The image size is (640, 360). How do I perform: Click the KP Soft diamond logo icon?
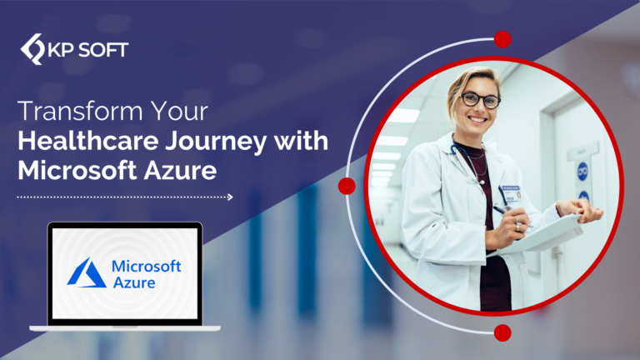[32, 49]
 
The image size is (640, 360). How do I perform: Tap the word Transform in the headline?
[80, 111]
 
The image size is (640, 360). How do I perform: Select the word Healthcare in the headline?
[88, 141]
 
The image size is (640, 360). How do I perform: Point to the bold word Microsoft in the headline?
[77, 170]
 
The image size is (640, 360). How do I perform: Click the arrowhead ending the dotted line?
[230, 197]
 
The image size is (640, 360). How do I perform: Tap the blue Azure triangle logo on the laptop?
[87, 272]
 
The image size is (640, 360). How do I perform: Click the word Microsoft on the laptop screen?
[147, 266]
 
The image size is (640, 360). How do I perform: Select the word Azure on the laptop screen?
[134, 282]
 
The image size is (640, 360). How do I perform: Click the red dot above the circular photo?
[502, 39]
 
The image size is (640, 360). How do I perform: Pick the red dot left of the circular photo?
[347, 186]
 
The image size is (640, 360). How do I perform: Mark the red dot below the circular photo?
[502, 333]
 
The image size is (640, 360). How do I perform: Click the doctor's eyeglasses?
[480, 100]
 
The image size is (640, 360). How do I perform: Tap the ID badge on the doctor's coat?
[511, 194]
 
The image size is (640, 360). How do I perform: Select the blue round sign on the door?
[582, 171]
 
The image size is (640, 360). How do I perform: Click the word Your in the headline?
[179, 111]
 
